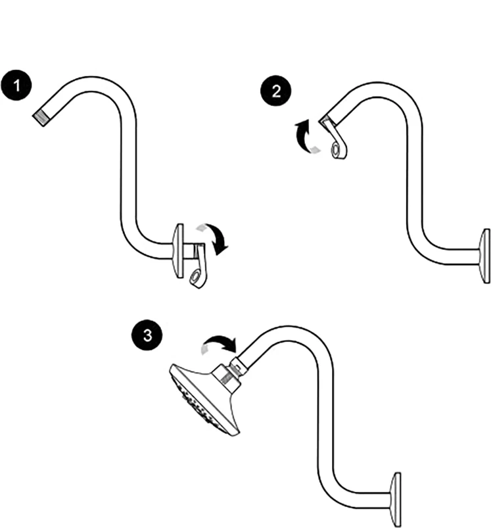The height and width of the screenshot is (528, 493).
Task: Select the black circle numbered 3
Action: click(149, 335)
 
